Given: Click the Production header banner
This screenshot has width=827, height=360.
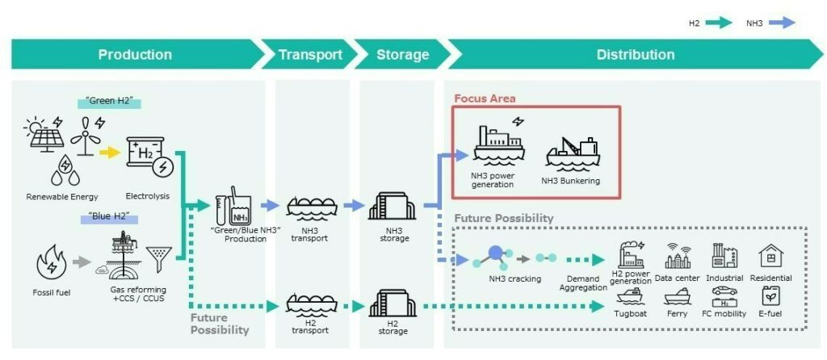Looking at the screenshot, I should click(x=135, y=55).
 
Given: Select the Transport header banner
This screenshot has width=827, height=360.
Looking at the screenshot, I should click(x=310, y=55).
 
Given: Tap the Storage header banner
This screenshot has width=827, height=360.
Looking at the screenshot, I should click(x=402, y=55).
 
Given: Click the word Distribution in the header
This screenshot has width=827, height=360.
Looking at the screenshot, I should click(x=636, y=55).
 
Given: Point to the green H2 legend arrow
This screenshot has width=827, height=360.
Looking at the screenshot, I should click(x=718, y=23).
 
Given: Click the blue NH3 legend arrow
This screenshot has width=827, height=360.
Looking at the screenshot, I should click(x=781, y=23).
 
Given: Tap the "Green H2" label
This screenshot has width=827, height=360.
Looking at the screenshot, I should click(x=109, y=103).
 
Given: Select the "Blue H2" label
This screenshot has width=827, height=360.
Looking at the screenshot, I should click(x=109, y=217).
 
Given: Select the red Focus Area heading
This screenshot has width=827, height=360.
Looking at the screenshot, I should click(x=485, y=98).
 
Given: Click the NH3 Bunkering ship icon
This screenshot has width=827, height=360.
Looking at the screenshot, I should click(x=570, y=153).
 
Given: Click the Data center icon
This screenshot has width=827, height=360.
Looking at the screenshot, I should click(x=678, y=256).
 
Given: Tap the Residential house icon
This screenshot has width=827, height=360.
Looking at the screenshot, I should click(x=770, y=256).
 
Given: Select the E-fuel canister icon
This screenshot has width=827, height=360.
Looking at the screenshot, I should click(x=770, y=296).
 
